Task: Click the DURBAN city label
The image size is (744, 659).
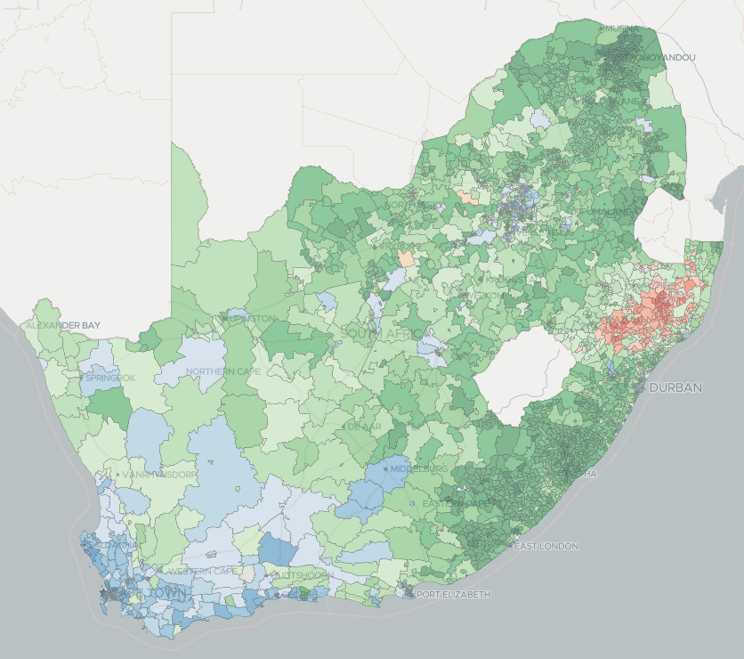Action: click(675, 387)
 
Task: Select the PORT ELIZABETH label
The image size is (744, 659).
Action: click(453, 594)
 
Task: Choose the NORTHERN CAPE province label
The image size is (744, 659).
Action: click(220, 371)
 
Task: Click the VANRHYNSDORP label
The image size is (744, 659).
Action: click(159, 475)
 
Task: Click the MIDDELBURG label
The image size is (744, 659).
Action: click(418, 468)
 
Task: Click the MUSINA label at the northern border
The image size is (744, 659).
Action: click(619, 28)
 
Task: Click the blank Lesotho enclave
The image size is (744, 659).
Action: click(517, 374)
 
